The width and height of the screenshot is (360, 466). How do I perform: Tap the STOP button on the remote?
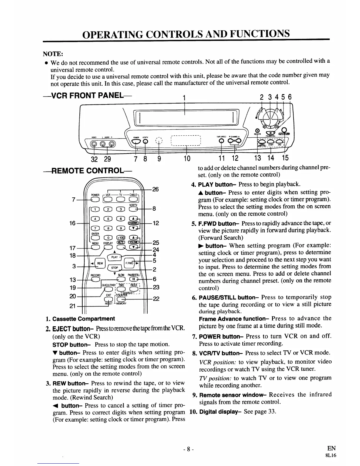(114, 268)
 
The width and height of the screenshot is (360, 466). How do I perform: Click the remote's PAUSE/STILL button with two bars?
(133, 279)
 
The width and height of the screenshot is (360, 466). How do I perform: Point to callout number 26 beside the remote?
(156, 189)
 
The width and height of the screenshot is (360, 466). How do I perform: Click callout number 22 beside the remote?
(156, 299)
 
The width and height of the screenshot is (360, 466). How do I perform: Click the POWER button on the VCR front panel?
(136, 142)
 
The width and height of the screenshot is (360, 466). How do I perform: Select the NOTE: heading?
(52, 54)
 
